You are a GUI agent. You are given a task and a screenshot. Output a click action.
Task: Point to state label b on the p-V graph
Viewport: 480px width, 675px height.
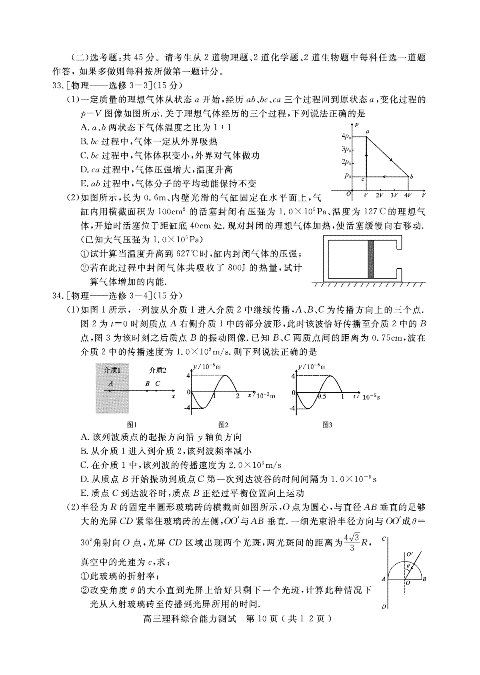(x=411, y=176)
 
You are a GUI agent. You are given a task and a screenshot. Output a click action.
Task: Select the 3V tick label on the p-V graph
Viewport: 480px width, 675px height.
(x=394, y=196)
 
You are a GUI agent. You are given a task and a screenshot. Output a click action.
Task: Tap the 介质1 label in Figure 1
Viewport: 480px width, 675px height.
(x=112, y=370)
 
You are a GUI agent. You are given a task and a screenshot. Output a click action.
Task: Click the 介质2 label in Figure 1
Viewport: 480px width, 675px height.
(x=158, y=370)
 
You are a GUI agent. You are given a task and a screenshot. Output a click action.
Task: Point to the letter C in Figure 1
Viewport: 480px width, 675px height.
(x=158, y=383)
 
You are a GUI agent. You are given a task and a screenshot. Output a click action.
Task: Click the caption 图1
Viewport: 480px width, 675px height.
(x=132, y=425)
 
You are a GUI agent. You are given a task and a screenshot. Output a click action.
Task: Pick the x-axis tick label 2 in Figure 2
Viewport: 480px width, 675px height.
(x=237, y=396)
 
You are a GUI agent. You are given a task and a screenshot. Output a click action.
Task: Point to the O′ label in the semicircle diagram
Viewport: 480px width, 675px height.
(x=409, y=554)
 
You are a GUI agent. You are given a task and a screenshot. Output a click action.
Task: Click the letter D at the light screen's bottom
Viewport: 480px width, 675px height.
(x=383, y=607)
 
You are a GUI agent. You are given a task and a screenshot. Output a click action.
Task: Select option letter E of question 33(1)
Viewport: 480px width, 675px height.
(x=84, y=184)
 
